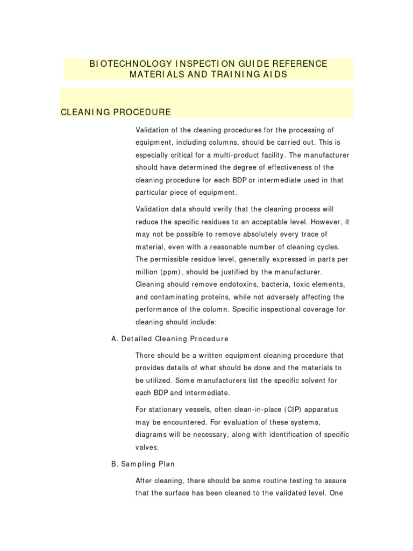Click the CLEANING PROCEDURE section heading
[x=116, y=112]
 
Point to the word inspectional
[x=284, y=309]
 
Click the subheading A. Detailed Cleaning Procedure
[x=169, y=338]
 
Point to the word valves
[x=147, y=447]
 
